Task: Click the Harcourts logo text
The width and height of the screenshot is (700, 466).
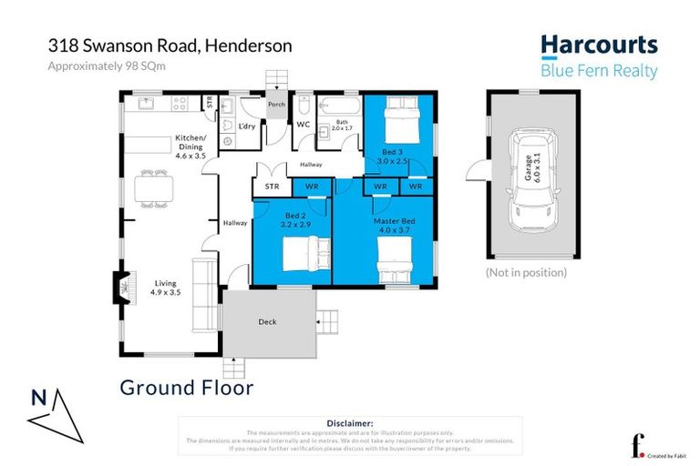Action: pyautogui.click(x=598, y=45)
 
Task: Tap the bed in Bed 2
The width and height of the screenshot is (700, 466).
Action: pyautogui.click(x=301, y=252)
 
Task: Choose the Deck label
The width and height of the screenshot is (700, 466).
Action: pyautogui.click(x=267, y=321)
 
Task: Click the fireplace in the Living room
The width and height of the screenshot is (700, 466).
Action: pyautogui.click(x=119, y=287)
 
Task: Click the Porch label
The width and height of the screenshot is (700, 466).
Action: pyautogui.click(x=275, y=105)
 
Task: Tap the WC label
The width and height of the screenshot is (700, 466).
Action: pyautogui.click(x=302, y=123)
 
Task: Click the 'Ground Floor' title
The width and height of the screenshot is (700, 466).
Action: pyautogui.click(x=186, y=388)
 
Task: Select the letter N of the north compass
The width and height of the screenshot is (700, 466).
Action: pyautogui.click(x=39, y=398)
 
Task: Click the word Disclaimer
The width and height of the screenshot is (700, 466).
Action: pyautogui.click(x=349, y=423)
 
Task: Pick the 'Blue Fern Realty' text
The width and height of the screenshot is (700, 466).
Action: pyautogui.click(x=599, y=71)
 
